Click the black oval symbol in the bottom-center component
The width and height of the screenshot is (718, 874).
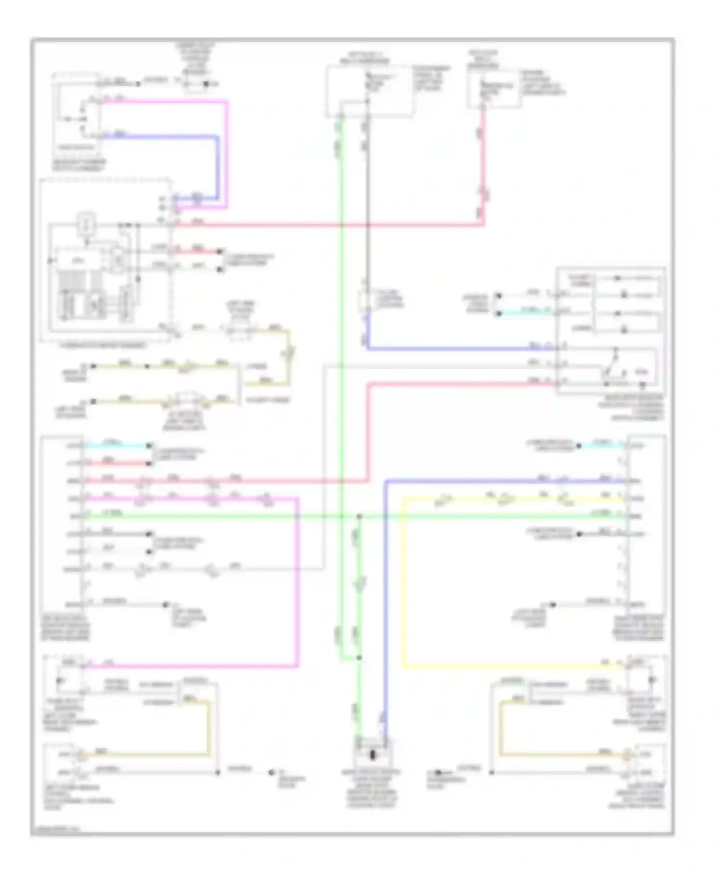pyautogui.click(x=372, y=755)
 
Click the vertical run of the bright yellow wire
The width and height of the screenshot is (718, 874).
pyautogui.click(x=403, y=583)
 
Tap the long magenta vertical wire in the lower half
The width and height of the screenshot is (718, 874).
pyautogui.click(x=298, y=583)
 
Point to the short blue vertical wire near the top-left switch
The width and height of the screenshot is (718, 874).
pyautogui.click(x=218, y=167)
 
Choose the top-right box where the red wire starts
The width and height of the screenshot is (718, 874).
pyautogui.click(x=493, y=88)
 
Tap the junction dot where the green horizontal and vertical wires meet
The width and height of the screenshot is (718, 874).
pyautogui.click(x=359, y=516)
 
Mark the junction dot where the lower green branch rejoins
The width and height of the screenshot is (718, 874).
pyautogui.click(x=359, y=658)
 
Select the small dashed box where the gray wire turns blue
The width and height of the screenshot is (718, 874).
pyautogui.click(x=367, y=300)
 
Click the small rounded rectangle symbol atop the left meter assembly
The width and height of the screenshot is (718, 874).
pyautogui.click(x=87, y=223)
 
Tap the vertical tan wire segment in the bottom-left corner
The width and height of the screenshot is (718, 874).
pyautogui.click(x=209, y=729)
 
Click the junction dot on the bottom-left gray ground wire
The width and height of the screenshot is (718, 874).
pyautogui.click(x=218, y=773)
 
